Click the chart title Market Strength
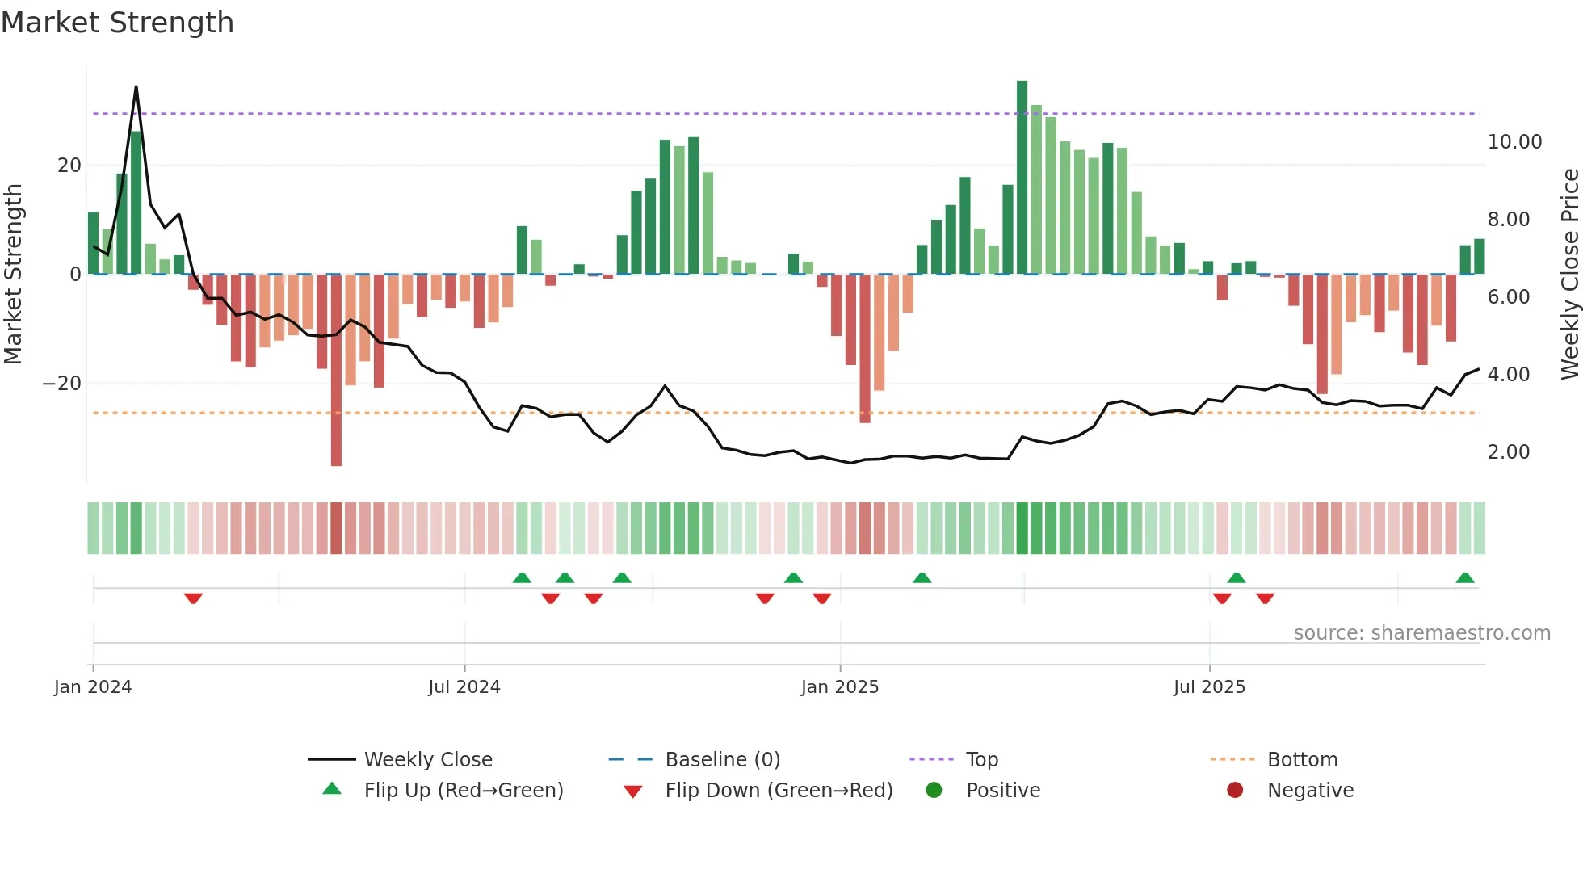click(x=117, y=23)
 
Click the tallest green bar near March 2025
click(x=1022, y=178)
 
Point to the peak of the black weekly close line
click(x=136, y=87)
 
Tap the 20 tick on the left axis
click(x=69, y=166)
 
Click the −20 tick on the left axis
click(x=63, y=384)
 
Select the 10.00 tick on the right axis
click(x=1514, y=142)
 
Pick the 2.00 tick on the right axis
click(x=1508, y=452)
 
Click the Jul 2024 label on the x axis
click(x=464, y=687)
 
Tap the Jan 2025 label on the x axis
click(x=840, y=687)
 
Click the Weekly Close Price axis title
click(x=1569, y=274)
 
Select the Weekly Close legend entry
click(x=427, y=760)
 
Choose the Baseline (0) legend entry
click(x=722, y=760)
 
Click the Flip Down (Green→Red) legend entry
click(x=778, y=791)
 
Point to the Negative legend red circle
click(x=1234, y=791)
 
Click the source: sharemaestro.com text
click(x=1421, y=633)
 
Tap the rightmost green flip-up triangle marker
click(x=1464, y=578)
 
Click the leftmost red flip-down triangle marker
click(x=193, y=598)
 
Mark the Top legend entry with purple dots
click(x=981, y=760)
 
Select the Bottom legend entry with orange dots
click(x=1301, y=760)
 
